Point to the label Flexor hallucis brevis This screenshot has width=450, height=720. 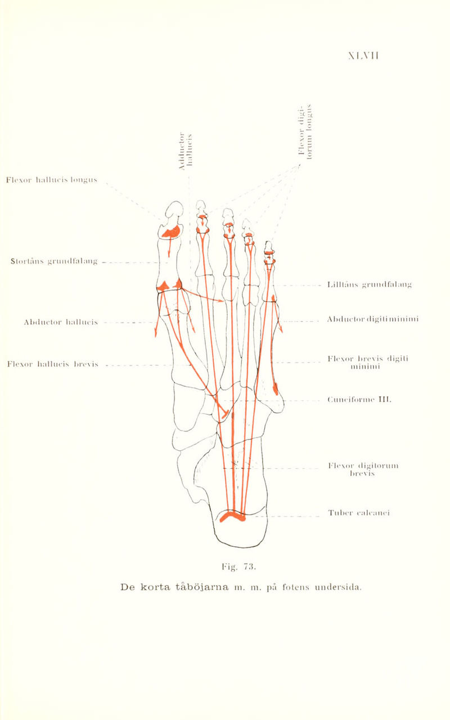click(x=52, y=365)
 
